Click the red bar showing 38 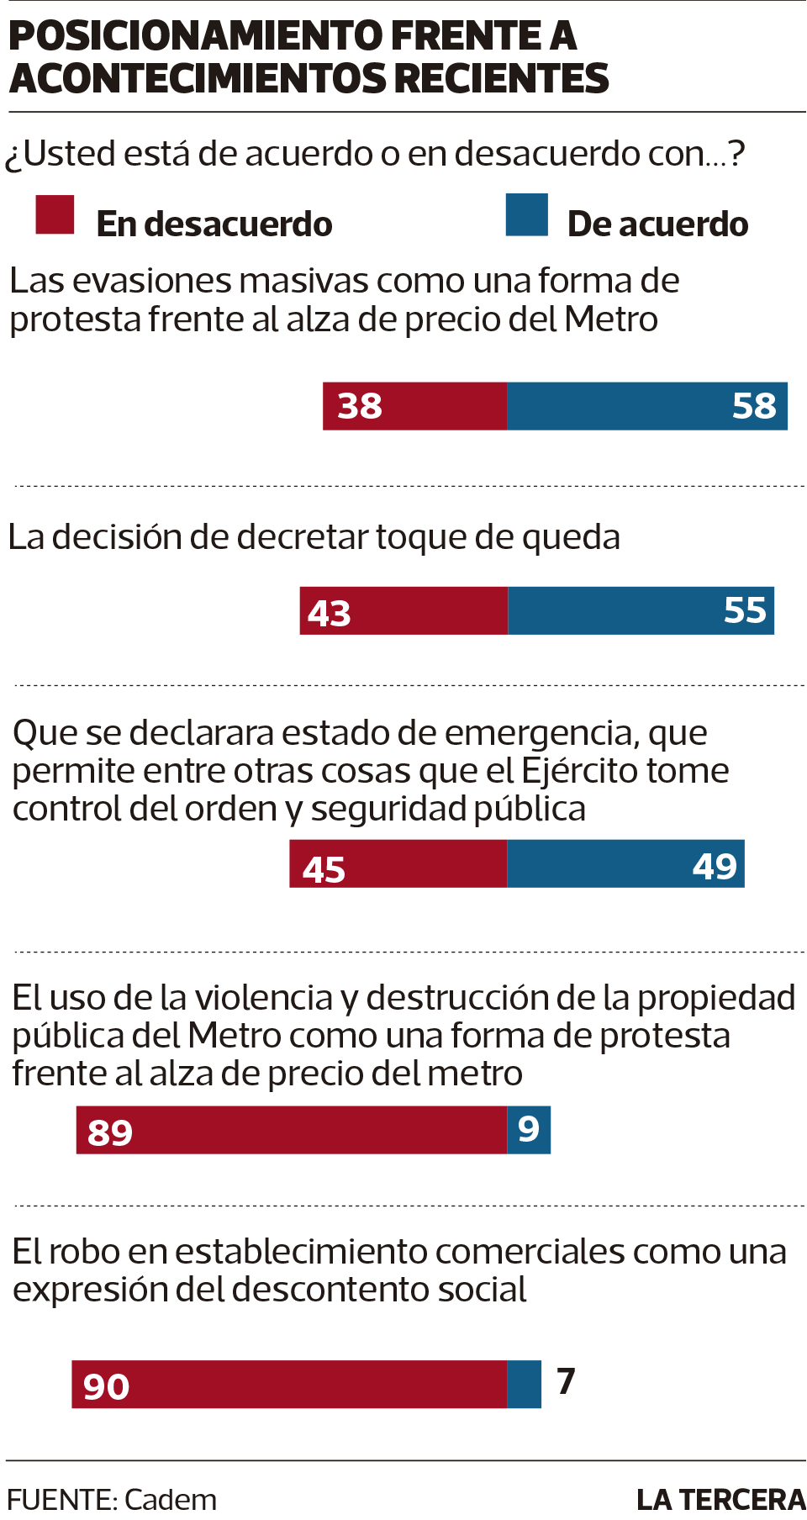coord(415,406)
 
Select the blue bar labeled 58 coord(647,406)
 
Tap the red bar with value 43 coord(403,610)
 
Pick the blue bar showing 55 coord(641,610)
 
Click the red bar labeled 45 coord(398,863)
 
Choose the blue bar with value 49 coord(625,863)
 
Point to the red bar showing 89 coord(292,1130)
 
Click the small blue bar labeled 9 coord(529,1130)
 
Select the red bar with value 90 coord(289,1384)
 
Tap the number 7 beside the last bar coord(566,1381)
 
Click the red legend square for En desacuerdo coord(55,214)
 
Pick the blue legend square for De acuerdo coord(527,214)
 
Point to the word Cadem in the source coord(170,1499)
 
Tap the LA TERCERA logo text coord(720,1500)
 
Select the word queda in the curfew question coord(571,538)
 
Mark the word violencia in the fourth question coord(264,998)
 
